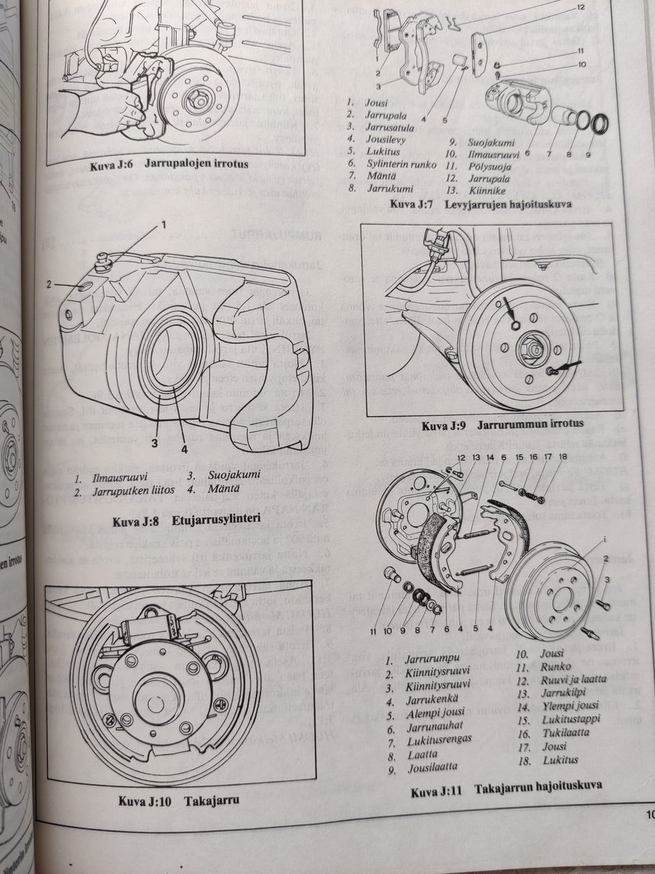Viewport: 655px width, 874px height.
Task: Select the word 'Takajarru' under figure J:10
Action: (212, 800)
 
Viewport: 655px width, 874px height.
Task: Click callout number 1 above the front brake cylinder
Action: (164, 224)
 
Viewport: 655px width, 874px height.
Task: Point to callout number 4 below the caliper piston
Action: (184, 449)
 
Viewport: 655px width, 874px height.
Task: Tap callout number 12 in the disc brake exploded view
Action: (581, 8)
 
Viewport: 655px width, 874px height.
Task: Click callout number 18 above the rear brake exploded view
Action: (563, 457)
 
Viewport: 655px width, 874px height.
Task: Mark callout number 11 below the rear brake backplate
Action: (374, 632)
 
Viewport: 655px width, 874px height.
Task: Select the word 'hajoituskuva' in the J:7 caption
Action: (538, 204)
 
